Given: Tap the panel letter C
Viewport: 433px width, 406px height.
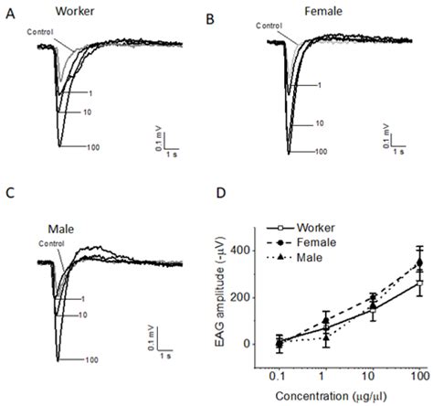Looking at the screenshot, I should click(x=10, y=195).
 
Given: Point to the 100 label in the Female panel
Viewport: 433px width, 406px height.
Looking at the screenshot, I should click(x=322, y=151).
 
